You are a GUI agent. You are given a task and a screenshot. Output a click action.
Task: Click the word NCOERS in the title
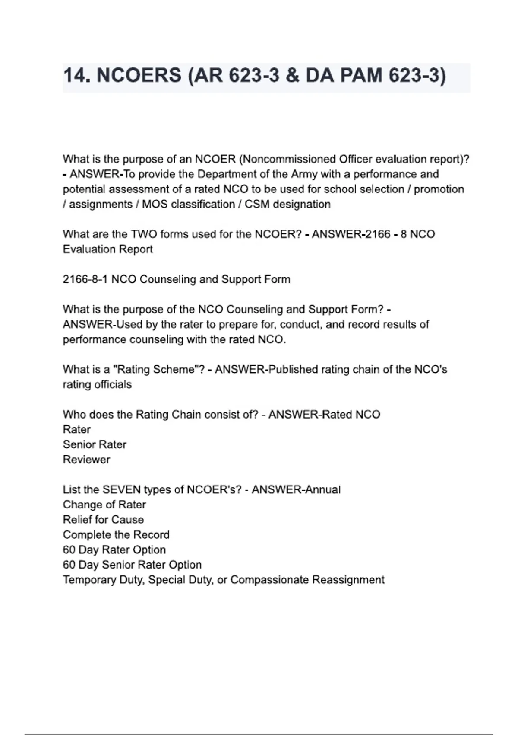pyautogui.click(x=139, y=76)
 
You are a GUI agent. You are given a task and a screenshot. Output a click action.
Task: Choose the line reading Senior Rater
pyautogui.click(x=95, y=444)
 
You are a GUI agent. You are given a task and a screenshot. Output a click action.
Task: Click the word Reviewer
pyautogui.click(x=86, y=460)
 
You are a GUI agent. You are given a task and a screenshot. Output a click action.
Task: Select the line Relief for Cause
pyautogui.click(x=103, y=520)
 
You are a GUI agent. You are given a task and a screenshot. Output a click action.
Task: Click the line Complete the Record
pyautogui.click(x=116, y=535)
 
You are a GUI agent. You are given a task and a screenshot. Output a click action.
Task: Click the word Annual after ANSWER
pyautogui.click(x=322, y=490)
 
